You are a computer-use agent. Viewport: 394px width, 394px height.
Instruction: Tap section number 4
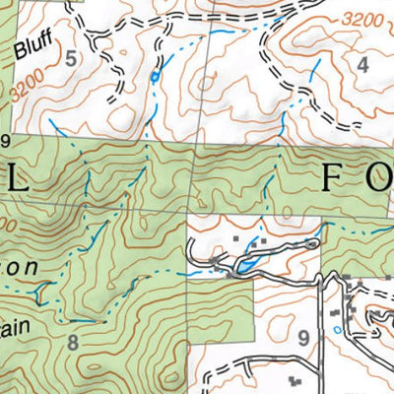(362, 67)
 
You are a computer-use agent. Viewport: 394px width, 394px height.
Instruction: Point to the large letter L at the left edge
(17, 181)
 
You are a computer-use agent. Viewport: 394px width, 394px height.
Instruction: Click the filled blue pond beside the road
(241, 264)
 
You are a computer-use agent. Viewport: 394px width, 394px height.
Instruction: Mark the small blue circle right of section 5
(154, 76)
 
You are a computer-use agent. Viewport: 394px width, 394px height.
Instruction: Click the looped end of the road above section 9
(313, 241)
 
